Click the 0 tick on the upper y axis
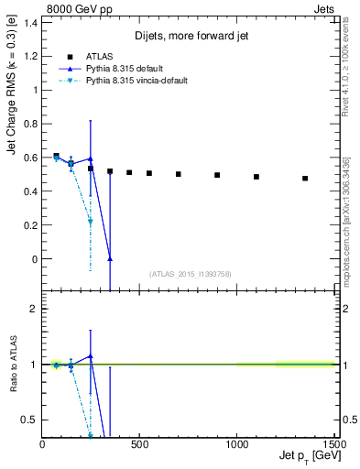(37, 259)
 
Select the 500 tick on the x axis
(139, 445)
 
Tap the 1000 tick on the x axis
(236, 445)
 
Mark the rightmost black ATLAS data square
(305, 179)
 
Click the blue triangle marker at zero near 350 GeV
(110, 259)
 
